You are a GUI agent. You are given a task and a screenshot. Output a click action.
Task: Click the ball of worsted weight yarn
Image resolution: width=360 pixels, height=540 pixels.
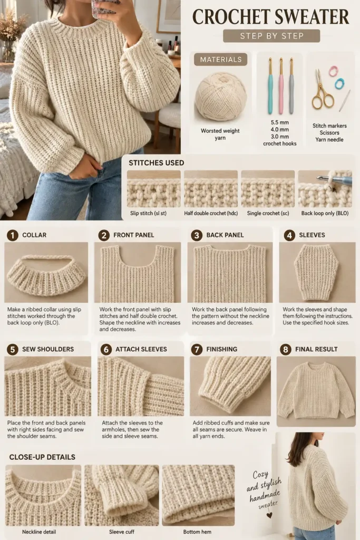coord(221,97)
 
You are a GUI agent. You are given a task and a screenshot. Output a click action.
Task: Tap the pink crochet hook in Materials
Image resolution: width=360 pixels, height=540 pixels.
coord(281,85)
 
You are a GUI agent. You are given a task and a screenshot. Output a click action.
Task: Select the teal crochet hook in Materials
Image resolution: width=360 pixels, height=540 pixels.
coord(271,85)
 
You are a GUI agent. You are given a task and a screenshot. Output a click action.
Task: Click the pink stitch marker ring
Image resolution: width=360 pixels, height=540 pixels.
coord(333,71)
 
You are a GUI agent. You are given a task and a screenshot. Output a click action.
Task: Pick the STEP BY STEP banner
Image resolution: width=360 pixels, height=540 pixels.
coord(271,36)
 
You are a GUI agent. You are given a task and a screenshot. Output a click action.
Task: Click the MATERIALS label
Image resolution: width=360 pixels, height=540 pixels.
coord(221,59)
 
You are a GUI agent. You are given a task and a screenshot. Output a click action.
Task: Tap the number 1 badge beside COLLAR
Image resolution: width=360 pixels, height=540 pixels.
coord(13,236)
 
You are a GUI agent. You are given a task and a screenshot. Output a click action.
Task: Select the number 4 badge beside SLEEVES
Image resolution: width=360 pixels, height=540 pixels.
coord(289,236)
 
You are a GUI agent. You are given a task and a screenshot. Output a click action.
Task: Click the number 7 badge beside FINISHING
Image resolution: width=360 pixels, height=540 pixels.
coord(197,350)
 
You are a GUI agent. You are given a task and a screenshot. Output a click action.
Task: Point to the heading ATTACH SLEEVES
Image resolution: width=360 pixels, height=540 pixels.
coord(141,349)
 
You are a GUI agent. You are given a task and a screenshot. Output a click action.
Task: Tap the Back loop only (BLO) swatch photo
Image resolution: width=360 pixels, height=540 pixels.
coord(325,189)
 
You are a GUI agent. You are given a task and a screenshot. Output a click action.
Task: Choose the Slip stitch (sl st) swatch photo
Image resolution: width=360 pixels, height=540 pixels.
coord(154,189)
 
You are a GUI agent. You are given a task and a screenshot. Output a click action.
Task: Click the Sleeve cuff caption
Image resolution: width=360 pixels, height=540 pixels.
coord(121,532)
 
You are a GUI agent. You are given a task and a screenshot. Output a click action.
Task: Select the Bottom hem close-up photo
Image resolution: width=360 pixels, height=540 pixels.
coord(198,495)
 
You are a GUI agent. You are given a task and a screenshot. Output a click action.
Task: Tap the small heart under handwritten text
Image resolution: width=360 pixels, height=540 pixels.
coord(269,515)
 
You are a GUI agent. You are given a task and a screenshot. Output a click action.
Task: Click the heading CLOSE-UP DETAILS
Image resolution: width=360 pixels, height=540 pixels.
coord(42,457)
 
